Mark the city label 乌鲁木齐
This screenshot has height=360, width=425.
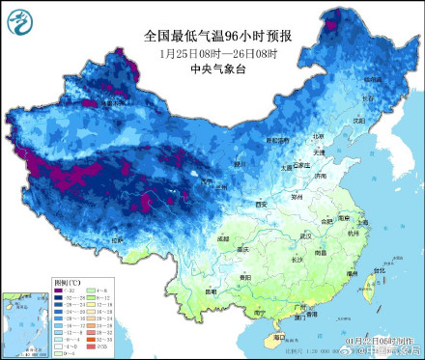(x=111, y=104)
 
